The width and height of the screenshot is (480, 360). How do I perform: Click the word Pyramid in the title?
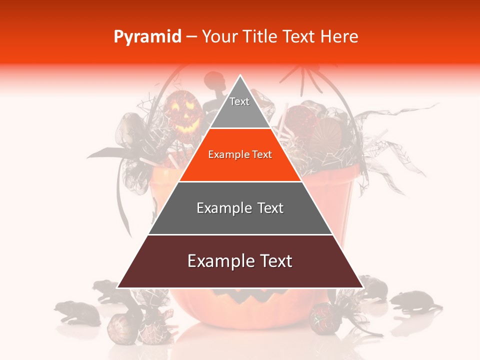(147, 37)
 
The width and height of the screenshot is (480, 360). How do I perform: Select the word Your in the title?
(220, 37)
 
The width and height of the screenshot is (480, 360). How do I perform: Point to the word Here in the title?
(339, 37)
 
